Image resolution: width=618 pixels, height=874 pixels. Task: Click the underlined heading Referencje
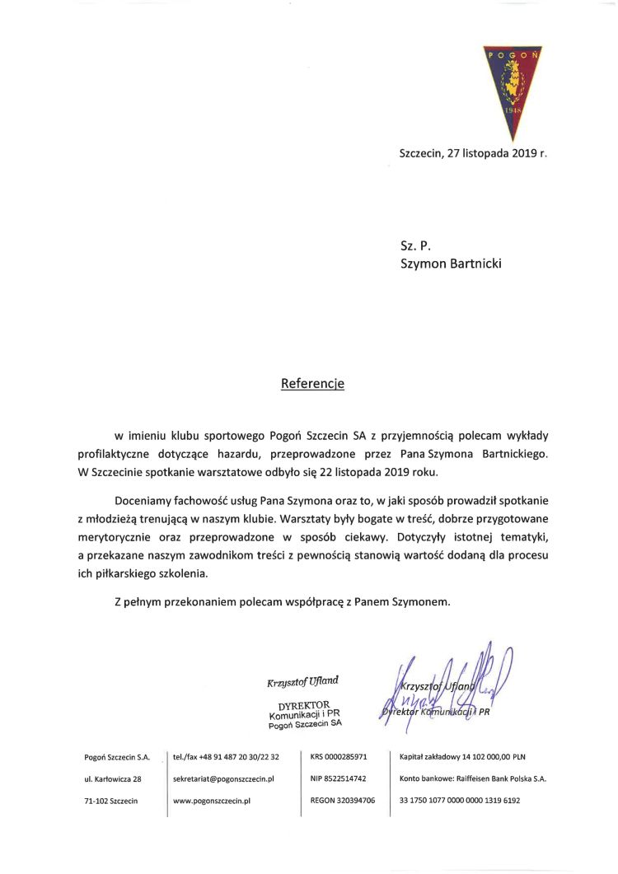[x=312, y=383]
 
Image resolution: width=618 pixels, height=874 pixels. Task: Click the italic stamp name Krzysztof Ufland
[x=302, y=681]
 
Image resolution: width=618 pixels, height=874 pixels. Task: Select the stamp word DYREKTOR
[x=304, y=706]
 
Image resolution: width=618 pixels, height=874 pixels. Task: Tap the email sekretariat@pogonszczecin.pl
[x=223, y=778]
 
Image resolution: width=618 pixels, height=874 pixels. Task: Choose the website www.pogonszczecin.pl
[x=212, y=800]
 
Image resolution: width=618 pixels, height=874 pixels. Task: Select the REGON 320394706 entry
[x=343, y=800]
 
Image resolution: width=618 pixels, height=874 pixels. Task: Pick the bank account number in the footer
[x=460, y=800]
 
